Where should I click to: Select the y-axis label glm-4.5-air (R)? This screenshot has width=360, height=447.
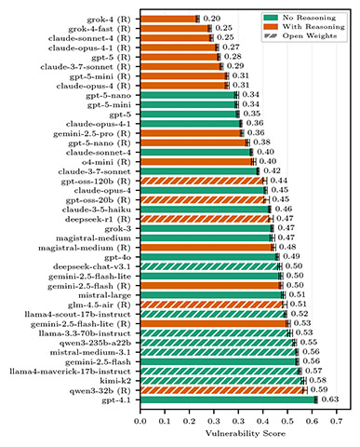point(100,278)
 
